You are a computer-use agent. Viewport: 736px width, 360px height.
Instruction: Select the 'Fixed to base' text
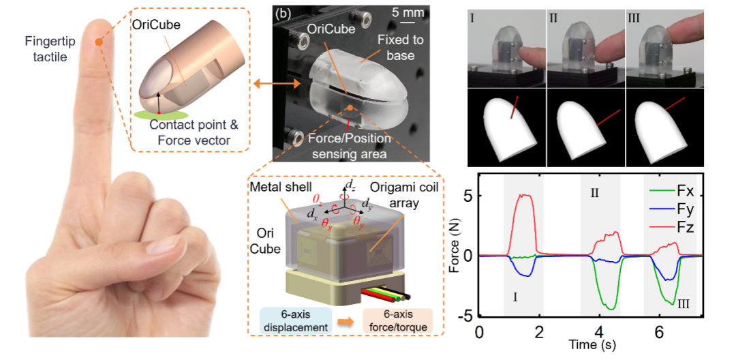401,47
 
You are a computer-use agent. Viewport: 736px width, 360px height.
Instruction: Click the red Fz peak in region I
524,196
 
